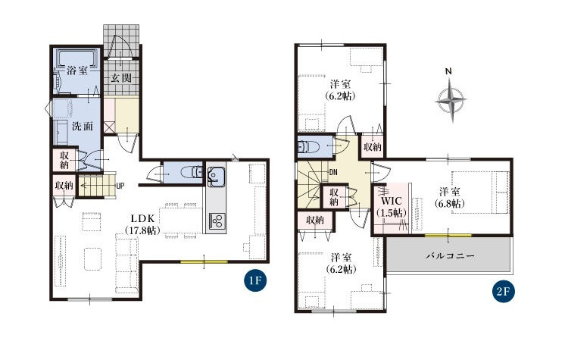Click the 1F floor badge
255,280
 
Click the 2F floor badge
503,292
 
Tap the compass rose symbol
451,99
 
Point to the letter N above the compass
448,71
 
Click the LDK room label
142,218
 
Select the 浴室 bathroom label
76,70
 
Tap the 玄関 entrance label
121,78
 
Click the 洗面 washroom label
83,127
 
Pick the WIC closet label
392,201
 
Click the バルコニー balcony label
450,256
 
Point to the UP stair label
120,186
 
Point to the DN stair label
333,173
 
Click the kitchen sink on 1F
216,176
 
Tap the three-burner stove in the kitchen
217,221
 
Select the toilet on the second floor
308,146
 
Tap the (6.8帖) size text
450,203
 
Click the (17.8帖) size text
142,230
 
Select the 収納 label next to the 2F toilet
373,147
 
